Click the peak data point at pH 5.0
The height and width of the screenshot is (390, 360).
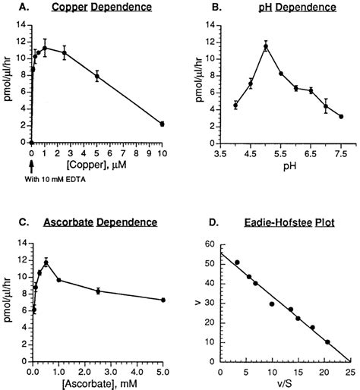tap(266, 46)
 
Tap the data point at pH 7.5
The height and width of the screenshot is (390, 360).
tap(340, 116)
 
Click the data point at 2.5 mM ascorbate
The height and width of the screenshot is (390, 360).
tap(98, 291)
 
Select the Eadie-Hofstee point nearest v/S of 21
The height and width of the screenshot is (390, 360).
tap(327, 342)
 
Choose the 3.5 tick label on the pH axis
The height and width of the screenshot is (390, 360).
tap(222, 150)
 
